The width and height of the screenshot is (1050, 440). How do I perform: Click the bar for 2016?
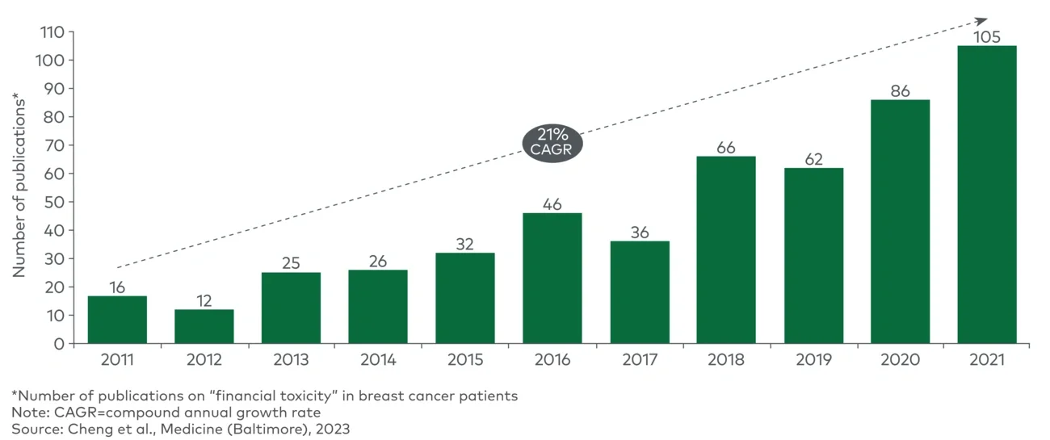tap(552, 278)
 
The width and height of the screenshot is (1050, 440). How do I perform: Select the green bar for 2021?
tap(986, 194)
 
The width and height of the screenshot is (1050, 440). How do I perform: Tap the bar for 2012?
tap(204, 326)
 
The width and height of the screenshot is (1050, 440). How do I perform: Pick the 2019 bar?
tap(813, 255)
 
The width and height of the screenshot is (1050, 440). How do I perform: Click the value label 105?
tap(986, 36)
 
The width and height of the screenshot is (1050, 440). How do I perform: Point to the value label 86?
tap(900, 90)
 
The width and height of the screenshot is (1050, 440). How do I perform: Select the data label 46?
tap(552, 203)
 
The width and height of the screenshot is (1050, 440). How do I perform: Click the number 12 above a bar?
tap(204, 300)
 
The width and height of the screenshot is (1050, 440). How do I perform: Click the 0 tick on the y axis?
tap(59, 344)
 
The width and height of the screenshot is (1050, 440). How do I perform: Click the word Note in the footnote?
tap(27, 413)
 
